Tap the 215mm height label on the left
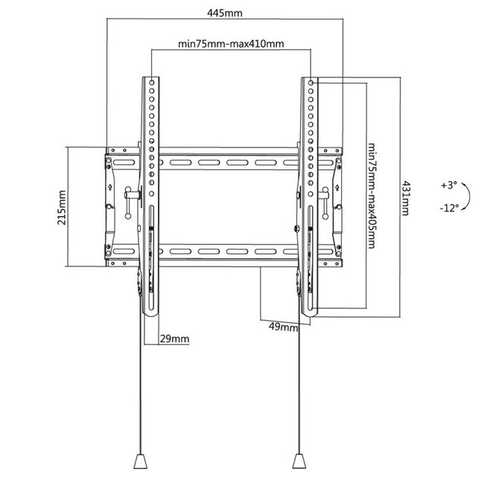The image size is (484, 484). (62, 206)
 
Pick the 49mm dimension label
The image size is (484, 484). (281, 326)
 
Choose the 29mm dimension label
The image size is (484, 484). (175, 339)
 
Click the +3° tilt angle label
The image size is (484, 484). (449, 184)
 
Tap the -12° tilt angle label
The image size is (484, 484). (450, 208)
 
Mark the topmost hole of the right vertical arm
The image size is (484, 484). (308, 79)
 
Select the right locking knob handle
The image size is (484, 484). (325, 196)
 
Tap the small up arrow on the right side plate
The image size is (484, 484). (340, 188)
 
